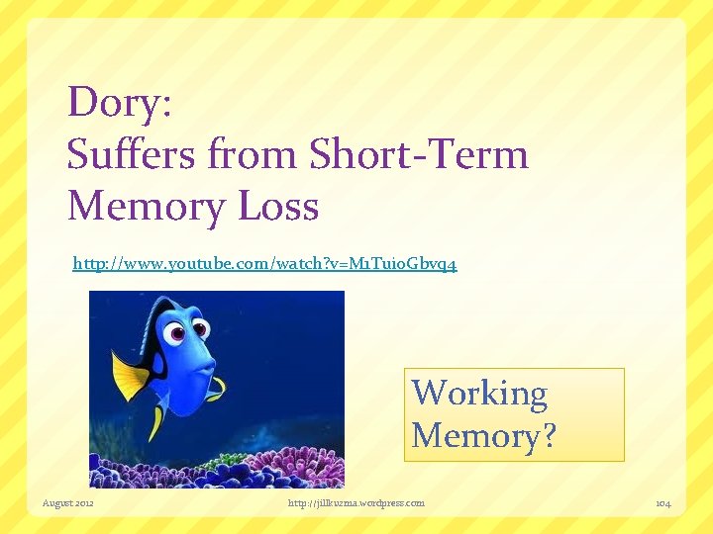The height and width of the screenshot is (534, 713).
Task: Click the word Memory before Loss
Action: [150, 207]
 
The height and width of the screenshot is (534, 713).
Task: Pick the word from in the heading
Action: [254, 154]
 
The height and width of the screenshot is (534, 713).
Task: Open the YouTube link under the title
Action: [264, 265]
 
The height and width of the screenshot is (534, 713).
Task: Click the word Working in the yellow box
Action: [479, 394]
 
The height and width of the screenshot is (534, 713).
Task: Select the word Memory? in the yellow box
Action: [484, 435]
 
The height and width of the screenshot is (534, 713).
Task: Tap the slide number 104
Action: [662, 503]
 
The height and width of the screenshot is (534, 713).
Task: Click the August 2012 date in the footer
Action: [68, 503]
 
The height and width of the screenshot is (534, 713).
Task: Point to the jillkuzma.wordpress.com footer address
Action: [356, 503]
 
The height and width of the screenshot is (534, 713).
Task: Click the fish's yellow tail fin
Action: [129, 376]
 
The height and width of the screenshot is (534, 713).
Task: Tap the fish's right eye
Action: [201, 329]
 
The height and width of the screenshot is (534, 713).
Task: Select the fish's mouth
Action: [203, 368]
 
